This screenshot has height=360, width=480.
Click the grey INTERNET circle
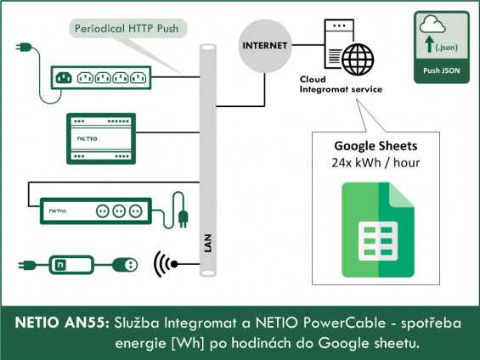tap(265, 46)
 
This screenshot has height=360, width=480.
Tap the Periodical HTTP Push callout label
tap(127, 29)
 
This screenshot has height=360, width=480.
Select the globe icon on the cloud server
tap(358, 59)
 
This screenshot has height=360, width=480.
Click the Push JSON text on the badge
tap(442, 70)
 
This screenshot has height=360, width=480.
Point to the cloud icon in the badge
tap(432, 24)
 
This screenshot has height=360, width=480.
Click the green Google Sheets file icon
tap(378, 230)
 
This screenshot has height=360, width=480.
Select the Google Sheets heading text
tap(376, 146)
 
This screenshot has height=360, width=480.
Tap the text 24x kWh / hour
tap(376, 163)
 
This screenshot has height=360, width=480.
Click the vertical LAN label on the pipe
tap(208, 243)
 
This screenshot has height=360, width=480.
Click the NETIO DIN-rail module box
tap(101, 138)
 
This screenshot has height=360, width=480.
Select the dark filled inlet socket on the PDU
tap(64, 78)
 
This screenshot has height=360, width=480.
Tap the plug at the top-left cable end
tap(24, 47)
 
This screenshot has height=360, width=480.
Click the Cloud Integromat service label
tap(341, 84)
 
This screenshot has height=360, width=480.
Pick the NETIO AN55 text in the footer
tap(62, 323)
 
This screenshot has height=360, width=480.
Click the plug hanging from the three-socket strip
tap(183, 219)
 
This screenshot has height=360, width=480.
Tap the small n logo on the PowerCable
tap(60, 265)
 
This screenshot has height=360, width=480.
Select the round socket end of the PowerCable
tap(125, 265)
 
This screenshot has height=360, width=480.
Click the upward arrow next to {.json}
tap(430, 44)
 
